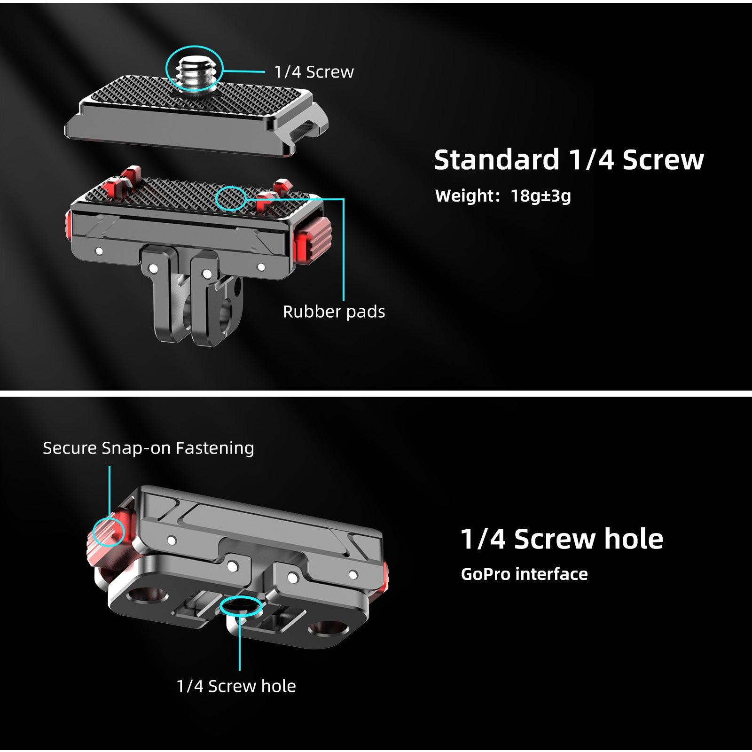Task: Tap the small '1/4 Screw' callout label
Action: coord(314,72)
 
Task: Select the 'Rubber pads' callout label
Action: coord(334,312)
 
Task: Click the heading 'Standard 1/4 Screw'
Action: coord(569,159)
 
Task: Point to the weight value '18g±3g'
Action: coord(540,196)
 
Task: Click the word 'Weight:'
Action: coord(467,196)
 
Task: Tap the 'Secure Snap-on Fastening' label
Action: coord(149,448)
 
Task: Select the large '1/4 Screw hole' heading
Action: coord(562,539)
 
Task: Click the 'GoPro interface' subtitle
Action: coord(524,574)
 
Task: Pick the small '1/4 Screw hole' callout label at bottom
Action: coord(236,686)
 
